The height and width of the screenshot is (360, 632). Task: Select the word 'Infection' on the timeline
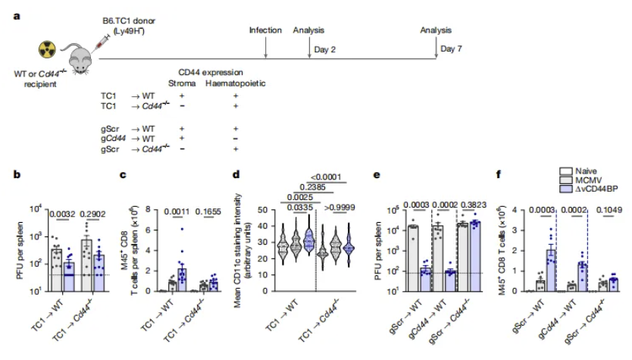[x=266, y=30]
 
